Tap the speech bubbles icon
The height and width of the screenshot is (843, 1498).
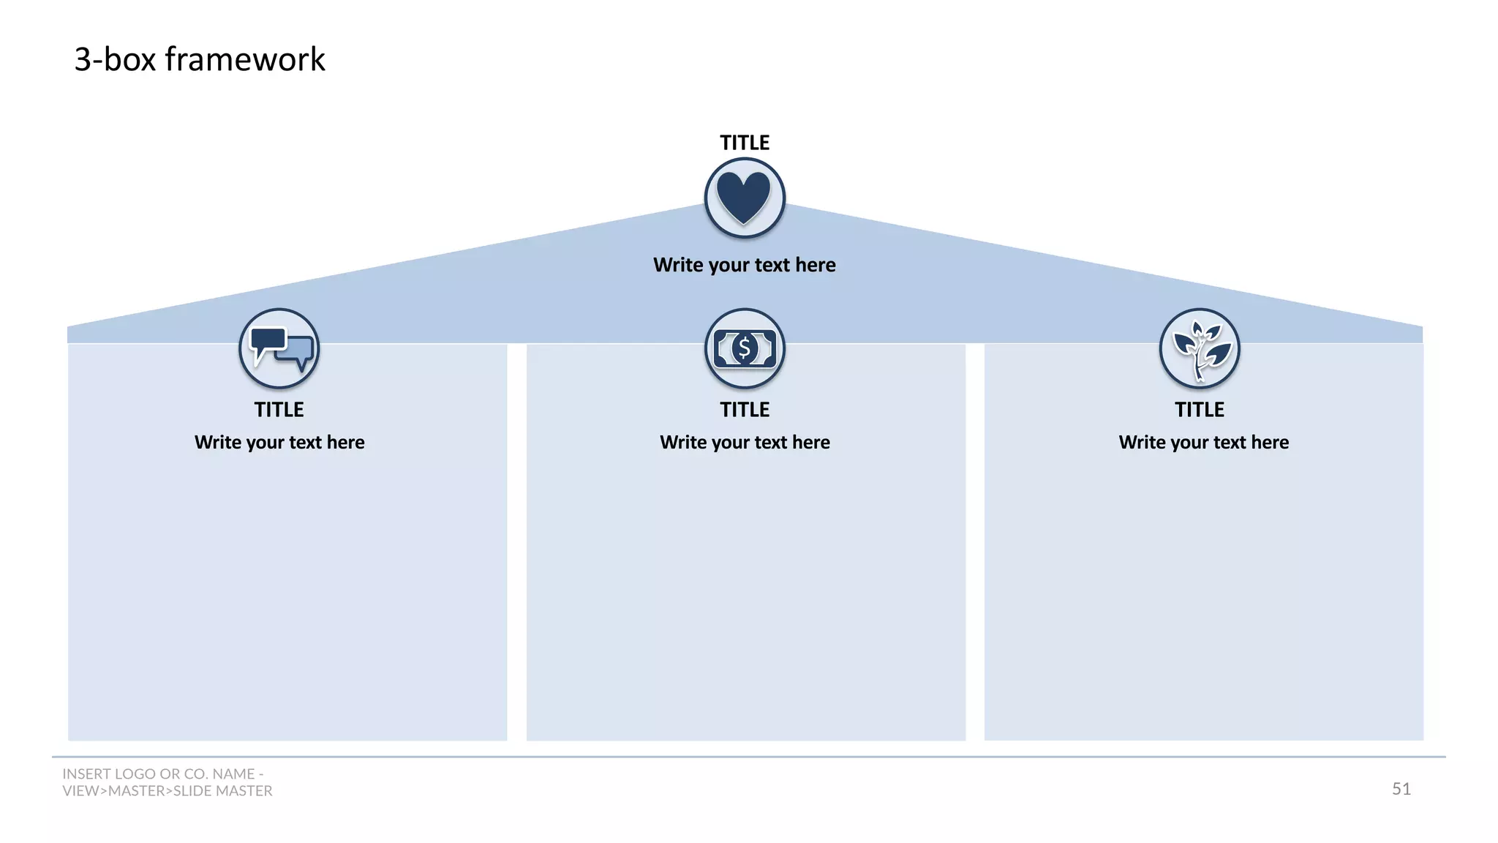tap(279, 348)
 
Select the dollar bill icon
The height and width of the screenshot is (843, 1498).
tap(745, 348)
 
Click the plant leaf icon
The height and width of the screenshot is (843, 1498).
tap(1200, 348)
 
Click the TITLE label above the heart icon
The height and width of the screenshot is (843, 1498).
tap(745, 143)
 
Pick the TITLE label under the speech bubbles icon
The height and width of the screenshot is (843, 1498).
tap(279, 410)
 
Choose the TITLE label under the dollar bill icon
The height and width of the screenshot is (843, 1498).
tap(745, 410)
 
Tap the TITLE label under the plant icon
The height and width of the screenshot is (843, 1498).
tap(1200, 410)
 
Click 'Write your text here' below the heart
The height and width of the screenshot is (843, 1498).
tap(745, 265)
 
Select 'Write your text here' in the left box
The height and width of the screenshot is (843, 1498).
tap(279, 443)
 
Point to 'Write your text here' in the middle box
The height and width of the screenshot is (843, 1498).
tap(745, 443)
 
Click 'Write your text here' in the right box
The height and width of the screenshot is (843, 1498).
tap(1204, 443)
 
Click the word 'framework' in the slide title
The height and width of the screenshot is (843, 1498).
tap(245, 59)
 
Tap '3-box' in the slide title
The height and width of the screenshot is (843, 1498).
tap(115, 59)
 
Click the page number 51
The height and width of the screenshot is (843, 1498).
tap(1401, 789)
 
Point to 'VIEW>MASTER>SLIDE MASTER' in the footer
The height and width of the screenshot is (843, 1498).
tap(168, 791)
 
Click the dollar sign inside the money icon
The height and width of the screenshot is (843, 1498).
tap(745, 348)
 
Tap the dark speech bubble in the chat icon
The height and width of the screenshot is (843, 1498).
tap(267, 340)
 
